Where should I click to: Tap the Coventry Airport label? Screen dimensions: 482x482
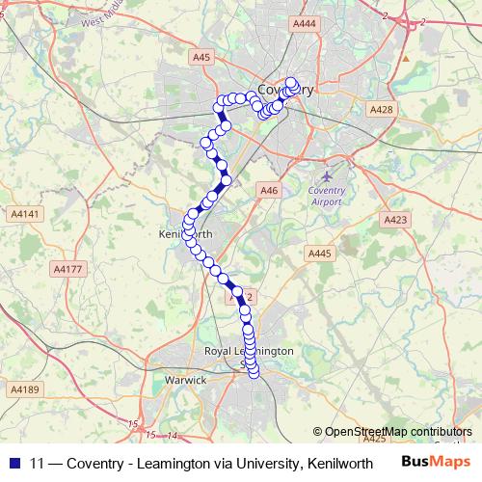[328, 197]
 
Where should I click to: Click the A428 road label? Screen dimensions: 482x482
[383, 110]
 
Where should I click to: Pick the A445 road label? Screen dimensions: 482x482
[320, 253]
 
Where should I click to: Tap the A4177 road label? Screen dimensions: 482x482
[67, 269]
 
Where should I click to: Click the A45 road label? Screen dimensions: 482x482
[201, 58]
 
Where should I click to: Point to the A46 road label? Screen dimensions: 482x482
[269, 191]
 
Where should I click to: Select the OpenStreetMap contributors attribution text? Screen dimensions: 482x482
[396, 431]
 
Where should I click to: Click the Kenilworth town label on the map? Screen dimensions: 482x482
[177, 234]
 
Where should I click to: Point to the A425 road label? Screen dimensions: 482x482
[373, 438]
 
